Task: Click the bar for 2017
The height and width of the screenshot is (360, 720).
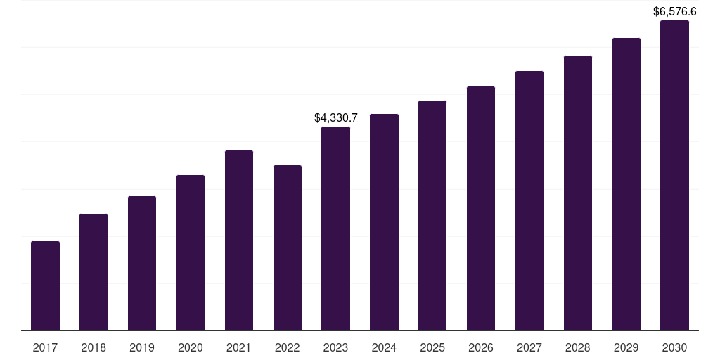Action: coord(45,285)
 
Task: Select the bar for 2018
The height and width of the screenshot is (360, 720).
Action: coord(94,272)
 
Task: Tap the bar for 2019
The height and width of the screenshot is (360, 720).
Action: coord(142,263)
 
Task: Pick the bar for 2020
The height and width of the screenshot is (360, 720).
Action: coord(191,252)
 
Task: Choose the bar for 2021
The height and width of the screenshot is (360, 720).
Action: coord(239,240)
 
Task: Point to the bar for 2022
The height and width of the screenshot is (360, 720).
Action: coord(288,247)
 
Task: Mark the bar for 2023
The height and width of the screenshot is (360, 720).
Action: coord(335,229)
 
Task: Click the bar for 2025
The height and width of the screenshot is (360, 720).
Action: coord(432,215)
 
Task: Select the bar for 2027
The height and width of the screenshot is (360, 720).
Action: coord(529,200)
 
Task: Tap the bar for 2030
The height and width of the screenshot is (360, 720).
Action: coord(674,175)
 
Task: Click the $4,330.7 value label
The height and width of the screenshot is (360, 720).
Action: coord(335,117)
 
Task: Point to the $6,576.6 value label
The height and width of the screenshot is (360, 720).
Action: coord(674,11)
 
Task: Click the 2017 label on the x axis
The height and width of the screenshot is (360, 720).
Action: coord(45,347)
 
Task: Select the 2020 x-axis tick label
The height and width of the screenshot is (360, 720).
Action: coord(191,347)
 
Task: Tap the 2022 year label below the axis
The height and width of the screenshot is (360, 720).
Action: coord(288,347)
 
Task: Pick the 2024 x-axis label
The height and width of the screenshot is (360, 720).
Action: coord(384,347)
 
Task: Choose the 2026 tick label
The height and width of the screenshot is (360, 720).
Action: coord(481,347)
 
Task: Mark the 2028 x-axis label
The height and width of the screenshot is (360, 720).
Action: coord(578,347)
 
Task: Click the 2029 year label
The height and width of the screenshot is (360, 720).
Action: coord(626,347)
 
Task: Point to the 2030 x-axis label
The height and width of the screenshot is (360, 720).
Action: coord(674,347)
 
